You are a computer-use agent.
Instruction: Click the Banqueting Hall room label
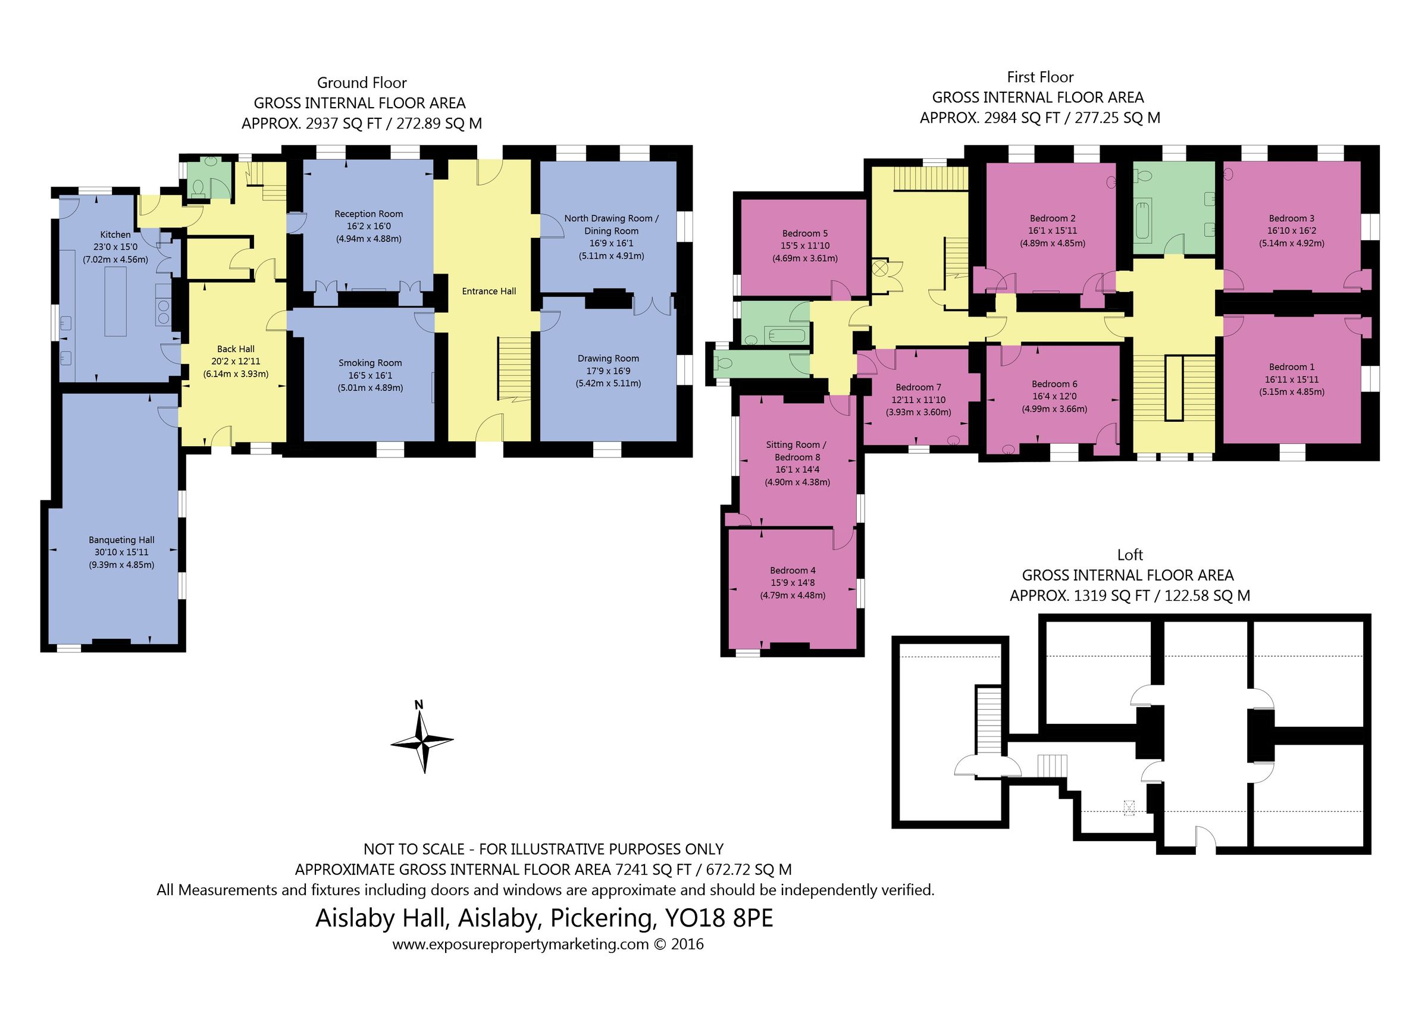tap(121, 540)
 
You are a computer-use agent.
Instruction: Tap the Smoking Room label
tap(370, 363)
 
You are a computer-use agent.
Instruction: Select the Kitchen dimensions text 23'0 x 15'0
tap(115, 247)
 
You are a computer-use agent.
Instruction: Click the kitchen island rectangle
tap(115, 301)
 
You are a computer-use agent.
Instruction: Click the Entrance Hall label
tap(489, 291)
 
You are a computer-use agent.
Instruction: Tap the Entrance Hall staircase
tap(513, 368)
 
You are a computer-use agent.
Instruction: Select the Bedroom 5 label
tap(805, 233)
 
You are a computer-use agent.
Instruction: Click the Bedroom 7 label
tap(918, 387)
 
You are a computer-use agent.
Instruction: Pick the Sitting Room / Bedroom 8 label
tap(796, 451)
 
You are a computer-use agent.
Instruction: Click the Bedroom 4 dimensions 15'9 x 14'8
tap(793, 583)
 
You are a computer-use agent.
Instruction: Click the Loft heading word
tap(1129, 555)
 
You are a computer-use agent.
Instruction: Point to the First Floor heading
tap(1040, 77)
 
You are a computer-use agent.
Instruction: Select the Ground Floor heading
tap(361, 83)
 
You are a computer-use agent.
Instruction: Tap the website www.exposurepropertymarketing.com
tap(521, 944)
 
